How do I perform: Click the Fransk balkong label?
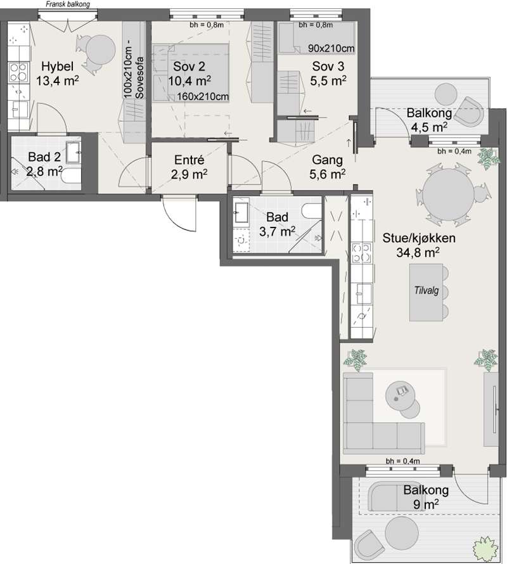68,4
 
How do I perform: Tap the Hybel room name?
57,66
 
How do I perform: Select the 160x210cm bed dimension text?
203,96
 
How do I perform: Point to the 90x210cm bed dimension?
331,48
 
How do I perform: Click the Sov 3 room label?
328,66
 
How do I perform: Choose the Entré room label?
189,160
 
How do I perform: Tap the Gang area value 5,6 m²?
328,174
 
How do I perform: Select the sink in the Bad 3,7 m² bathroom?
241,212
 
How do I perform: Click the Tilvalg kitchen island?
426,292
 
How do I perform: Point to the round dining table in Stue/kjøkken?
448,193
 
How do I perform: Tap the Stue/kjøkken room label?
418,238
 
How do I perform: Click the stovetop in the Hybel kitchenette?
19,72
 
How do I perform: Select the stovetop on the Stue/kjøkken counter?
361,252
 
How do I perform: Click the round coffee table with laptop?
400,395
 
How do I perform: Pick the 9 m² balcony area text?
426,504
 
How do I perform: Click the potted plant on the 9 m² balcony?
486,549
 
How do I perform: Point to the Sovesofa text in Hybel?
139,77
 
